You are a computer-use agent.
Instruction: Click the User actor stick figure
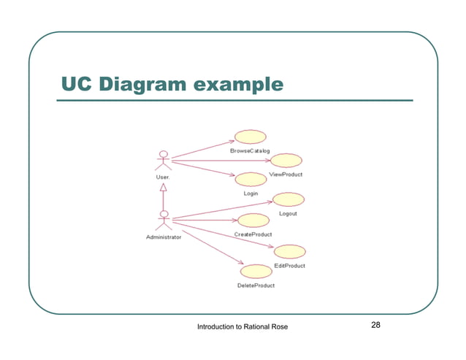pos(164,160)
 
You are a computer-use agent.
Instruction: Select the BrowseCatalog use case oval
pos(249,137)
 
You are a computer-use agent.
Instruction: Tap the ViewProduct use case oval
pos(286,161)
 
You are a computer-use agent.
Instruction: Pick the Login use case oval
pos(251,180)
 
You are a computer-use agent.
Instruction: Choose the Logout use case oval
pos(288,199)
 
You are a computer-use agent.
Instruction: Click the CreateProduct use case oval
pos(252,220)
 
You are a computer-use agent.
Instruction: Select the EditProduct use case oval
pos(290,251)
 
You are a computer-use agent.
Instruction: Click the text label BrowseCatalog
pos(249,151)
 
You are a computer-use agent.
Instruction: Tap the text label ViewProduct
pos(286,175)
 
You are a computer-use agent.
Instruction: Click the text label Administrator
pos(164,237)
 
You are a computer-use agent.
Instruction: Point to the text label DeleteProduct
pos(256,286)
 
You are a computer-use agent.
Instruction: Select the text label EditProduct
pos(290,266)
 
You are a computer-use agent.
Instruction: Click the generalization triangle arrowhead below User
pos(164,186)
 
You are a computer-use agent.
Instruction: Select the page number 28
pos(377,325)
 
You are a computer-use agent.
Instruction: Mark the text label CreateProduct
pos(253,234)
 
